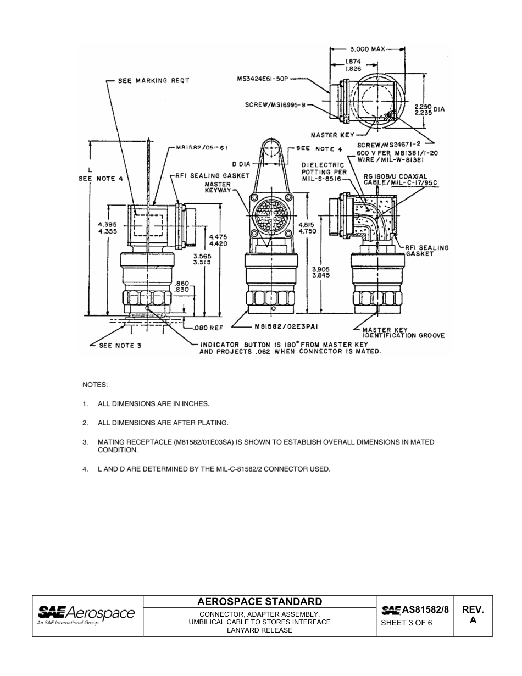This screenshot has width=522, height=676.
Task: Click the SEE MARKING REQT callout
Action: pyautogui.click(x=153, y=81)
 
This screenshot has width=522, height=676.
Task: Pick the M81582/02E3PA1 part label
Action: pyautogui.click(x=286, y=326)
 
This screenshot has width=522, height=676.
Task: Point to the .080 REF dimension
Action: pyautogui.click(x=208, y=328)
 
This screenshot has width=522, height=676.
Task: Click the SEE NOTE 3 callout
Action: pyautogui.click(x=119, y=346)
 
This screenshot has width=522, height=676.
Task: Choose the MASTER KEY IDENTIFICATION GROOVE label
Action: pyautogui.click(x=403, y=333)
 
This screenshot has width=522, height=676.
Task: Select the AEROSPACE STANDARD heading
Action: pyautogui.click(x=259, y=601)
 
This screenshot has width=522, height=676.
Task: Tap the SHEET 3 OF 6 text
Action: pyautogui.click(x=407, y=623)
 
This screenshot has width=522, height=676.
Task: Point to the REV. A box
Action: pyautogui.click(x=473, y=615)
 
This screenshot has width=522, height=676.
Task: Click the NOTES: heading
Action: pyautogui.click(x=95, y=384)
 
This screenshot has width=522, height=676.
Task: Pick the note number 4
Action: pyautogui.click(x=85, y=469)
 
